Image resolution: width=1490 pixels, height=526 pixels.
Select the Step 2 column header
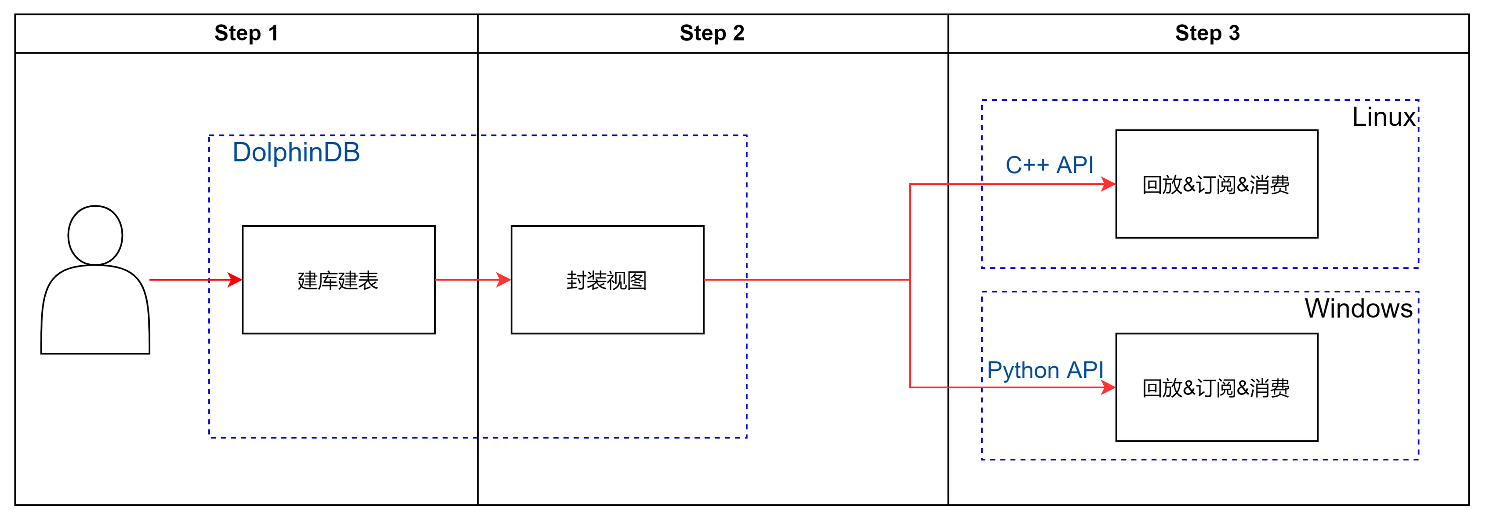point(712,33)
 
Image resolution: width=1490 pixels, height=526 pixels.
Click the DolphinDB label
point(296,153)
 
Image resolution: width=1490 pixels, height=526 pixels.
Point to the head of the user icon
point(95,235)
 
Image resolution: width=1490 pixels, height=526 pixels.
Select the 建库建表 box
point(338,279)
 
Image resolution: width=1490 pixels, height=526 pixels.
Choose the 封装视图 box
point(607,279)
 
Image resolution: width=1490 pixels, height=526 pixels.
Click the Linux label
point(1383,117)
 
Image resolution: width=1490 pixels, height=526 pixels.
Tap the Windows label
point(1358,308)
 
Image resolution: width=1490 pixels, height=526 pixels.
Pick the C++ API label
point(1049,165)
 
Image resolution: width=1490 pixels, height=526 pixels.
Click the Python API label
point(1045,370)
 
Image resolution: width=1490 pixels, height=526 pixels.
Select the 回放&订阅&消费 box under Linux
point(1217,184)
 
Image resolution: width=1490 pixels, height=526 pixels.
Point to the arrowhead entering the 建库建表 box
point(236,279)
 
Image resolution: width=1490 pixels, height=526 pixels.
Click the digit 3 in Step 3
point(1234,33)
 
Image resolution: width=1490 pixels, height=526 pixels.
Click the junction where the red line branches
point(910,279)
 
